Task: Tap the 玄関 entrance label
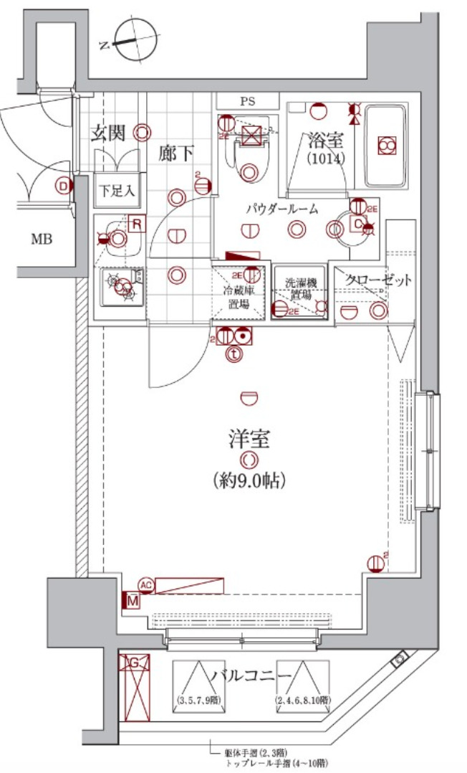[x=109, y=133]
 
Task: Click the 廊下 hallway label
[x=176, y=153]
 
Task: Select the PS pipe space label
[x=247, y=102]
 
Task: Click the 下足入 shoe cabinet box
[x=116, y=191]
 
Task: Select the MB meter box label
[x=41, y=239]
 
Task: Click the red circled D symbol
[x=64, y=186]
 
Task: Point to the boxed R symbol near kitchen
[x=137, y=224]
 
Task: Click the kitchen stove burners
[x=122, y=285]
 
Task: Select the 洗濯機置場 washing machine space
[x=299, y=290]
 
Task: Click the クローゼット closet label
[x=378, y=280]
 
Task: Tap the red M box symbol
[x=132, y=601]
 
